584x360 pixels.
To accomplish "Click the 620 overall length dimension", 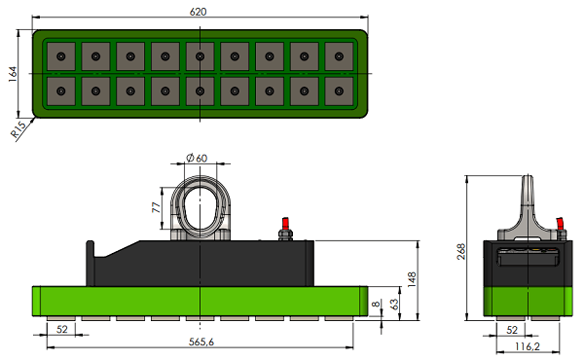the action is tap(198, 12).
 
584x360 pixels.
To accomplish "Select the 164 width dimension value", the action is tap(13, 74).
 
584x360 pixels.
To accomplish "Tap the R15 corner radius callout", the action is tap(18, 128).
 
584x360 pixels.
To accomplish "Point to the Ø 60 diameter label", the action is tap(197, 159).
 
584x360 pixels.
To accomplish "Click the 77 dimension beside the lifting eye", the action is tap(157, 207).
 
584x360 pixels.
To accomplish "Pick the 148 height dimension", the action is tap(412, 279).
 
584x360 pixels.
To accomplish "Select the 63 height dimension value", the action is tap(393, 304).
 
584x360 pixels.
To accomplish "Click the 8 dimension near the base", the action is tap(376, 305).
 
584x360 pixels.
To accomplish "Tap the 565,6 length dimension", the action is tap(201, 342).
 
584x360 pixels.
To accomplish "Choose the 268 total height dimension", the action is tap(461, 251).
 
